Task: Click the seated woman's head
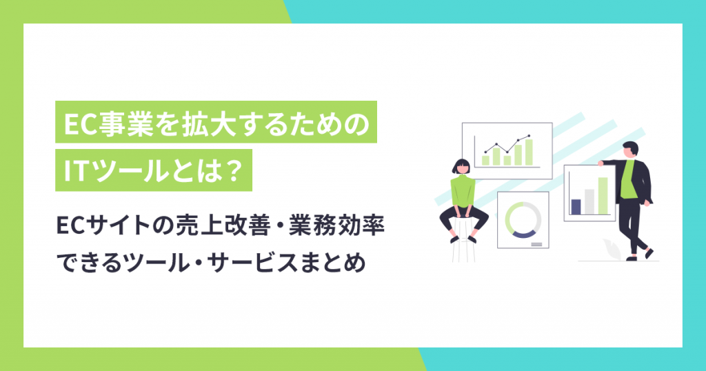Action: click(x=460, y=166)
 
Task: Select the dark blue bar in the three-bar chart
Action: click(x=576, y=206)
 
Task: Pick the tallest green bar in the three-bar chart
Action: click(x=603, y=196)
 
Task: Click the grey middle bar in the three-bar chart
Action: click(x=589, y=201)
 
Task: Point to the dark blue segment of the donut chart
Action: click(x=522, y=234)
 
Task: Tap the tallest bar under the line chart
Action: click(x=528, y=152)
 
